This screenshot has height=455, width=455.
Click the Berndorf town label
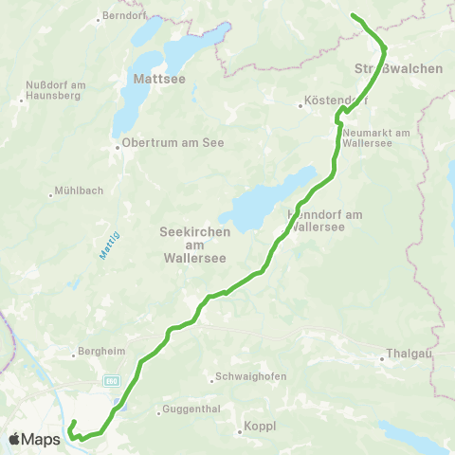click(125, 17)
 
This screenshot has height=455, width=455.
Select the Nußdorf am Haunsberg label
click(53, 88)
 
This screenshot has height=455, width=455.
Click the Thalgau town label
click(409, 356)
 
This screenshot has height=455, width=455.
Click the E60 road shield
click(111, 378)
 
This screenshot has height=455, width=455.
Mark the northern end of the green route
click(353, 15)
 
